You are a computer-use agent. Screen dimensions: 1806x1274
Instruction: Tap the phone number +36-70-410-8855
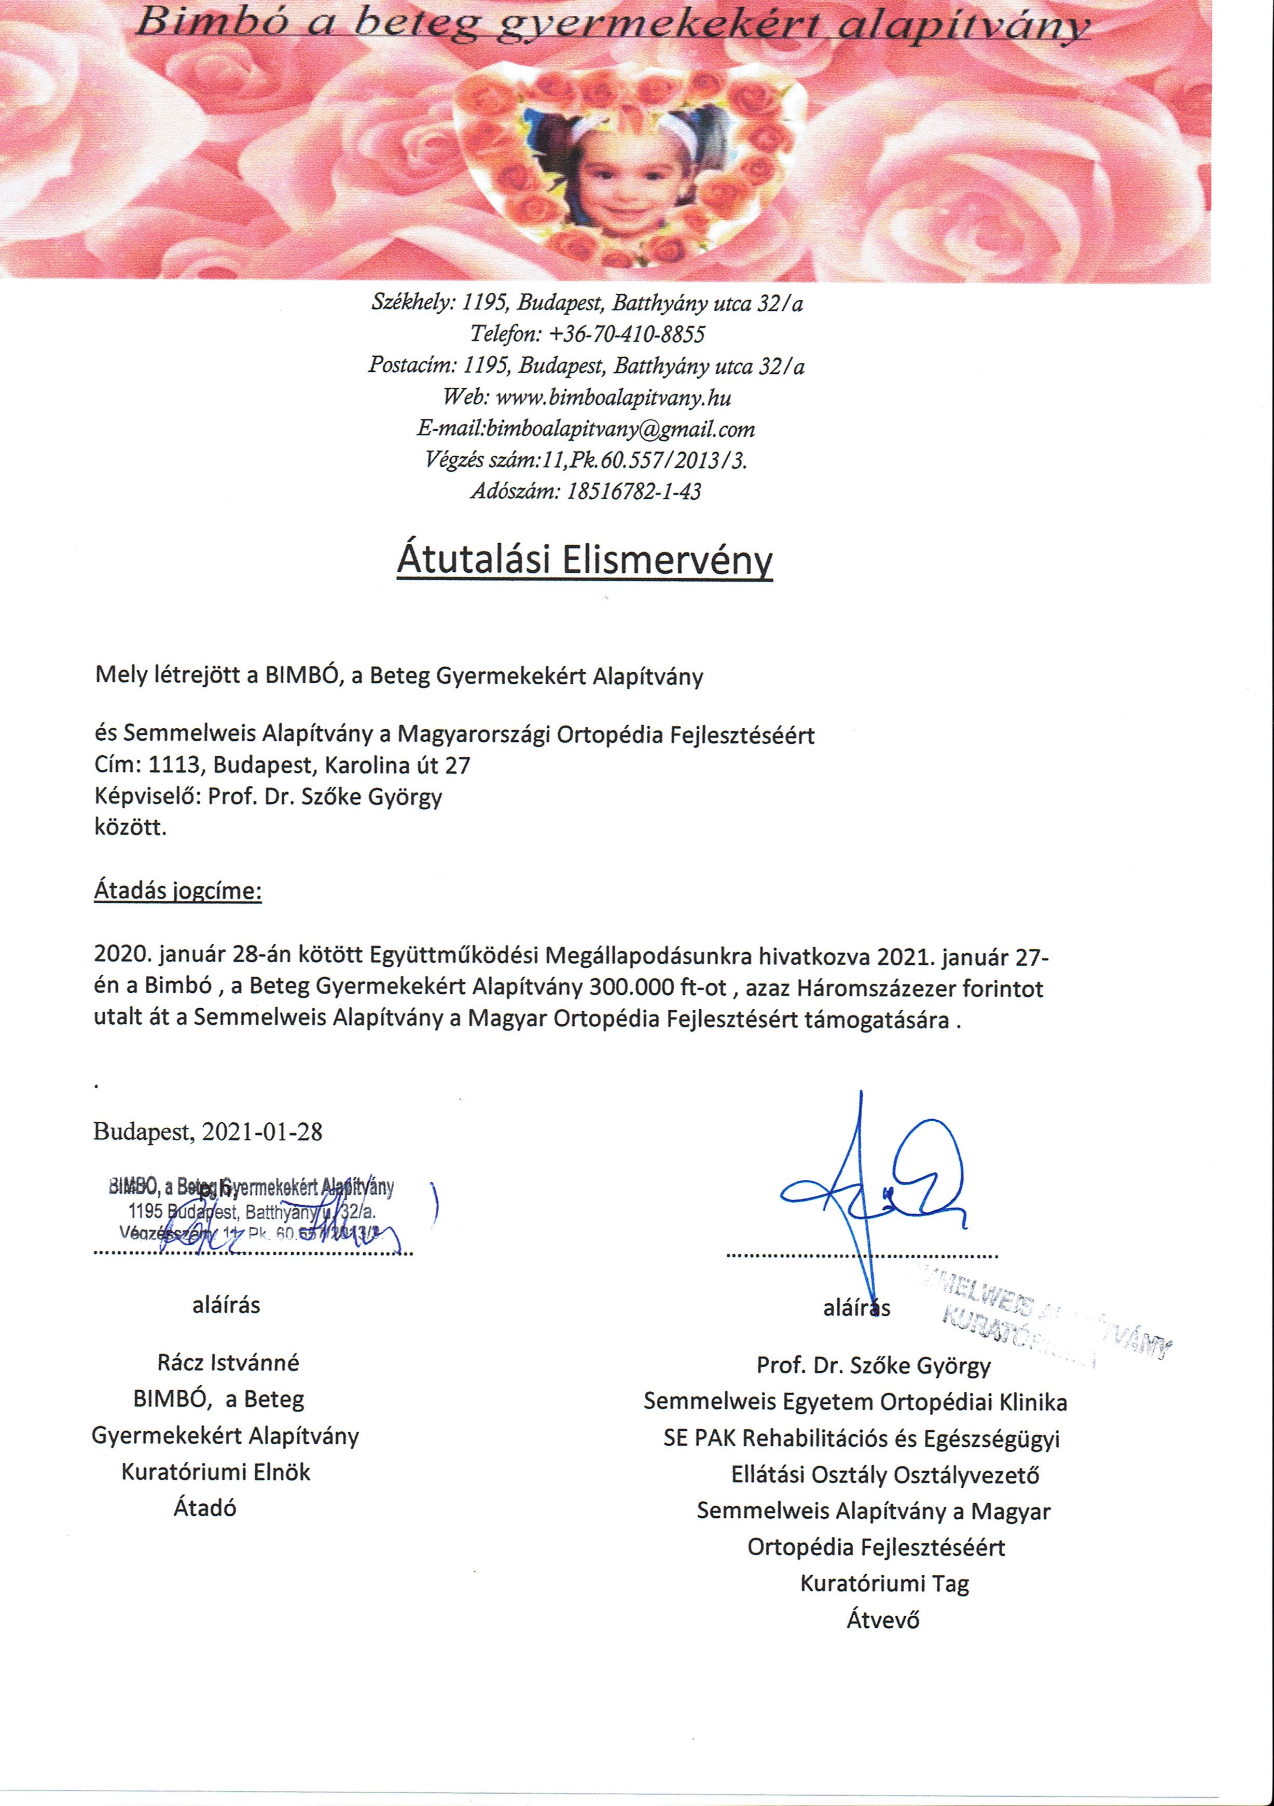[627, 334]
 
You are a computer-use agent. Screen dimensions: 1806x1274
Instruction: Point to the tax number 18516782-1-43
[633, 491]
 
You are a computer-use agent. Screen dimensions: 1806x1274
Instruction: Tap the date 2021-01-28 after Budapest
[262, 1132]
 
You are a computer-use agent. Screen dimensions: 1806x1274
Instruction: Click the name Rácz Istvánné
[228, 1362]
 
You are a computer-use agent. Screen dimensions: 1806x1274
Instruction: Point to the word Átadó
[204, 1508]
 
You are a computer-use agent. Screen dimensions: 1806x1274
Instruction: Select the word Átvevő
[882, 1619]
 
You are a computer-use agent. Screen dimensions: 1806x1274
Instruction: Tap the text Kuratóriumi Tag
[884, 1584]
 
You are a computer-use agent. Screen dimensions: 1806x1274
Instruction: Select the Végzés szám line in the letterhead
[586, 460]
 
